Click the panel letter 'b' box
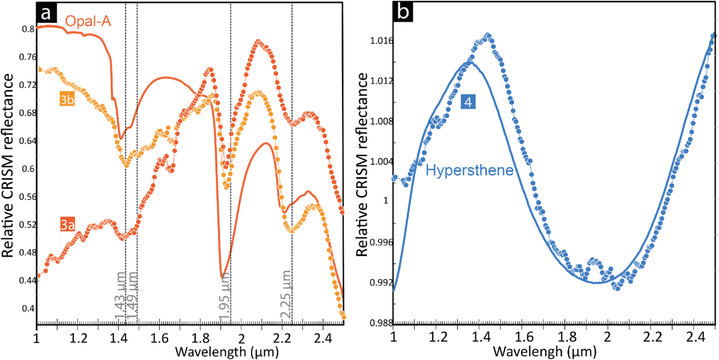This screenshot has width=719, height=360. tap(403, 12)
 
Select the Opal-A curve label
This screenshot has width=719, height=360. tap(88, 21)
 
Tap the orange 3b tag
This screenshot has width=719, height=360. tap(67, 99)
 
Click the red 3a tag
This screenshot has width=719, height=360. tap(67, 225)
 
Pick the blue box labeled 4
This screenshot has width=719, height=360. tap(468, 102)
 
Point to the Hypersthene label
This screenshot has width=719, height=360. tap(469, 170)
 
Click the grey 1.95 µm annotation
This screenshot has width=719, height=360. tap(224, 296)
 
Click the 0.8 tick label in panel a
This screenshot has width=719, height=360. tap(28, 29)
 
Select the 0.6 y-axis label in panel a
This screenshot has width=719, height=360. tap(28, 169)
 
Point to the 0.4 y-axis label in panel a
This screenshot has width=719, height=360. tap(28, 308)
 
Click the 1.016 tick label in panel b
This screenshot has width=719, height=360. tap(381, 41)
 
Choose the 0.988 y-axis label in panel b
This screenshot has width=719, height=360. tap(381, 323)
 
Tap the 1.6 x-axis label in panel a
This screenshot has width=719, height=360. tap(159, 338)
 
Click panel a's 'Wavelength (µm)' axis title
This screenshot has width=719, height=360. tap(227, 352)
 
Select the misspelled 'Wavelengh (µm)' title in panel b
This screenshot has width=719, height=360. tap(545, 352)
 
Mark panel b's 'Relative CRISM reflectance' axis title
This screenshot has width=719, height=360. tap(362, 164)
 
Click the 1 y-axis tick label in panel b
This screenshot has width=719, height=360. tap(386, 201)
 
